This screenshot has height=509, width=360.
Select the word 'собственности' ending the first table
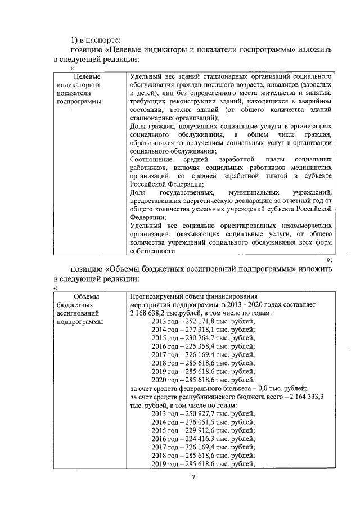(x=151, y=251)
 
